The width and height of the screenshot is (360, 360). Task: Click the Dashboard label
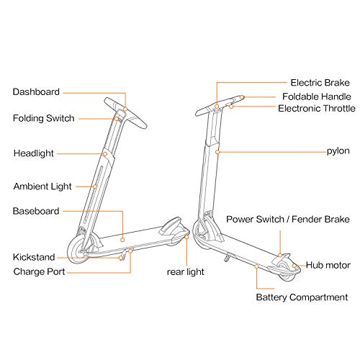click(36, 92)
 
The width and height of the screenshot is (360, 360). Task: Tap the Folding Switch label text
click(44, 118)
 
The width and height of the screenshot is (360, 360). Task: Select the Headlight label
click(34, 153)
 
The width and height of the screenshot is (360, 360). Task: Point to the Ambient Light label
click(42, 186)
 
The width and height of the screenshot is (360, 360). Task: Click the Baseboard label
click(36, 211)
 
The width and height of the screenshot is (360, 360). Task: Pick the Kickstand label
click(34, 257)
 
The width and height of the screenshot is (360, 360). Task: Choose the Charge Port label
click(39, 271)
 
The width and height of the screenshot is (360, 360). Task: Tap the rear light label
click(186, 272)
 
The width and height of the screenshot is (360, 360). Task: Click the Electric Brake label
click(320, 83)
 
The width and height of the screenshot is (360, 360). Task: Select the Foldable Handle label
click(317, 96)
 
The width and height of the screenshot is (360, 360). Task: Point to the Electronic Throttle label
click(317, 109)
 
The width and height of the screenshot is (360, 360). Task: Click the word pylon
click(338, 151)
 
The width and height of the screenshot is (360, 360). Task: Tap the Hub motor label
click(328, 265)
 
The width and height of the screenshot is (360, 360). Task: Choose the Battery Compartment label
click(302, 297)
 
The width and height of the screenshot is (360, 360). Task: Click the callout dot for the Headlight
click(105, 154)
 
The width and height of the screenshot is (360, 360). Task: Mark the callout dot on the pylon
click(217, 152)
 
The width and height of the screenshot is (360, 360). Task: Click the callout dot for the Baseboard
click(122, 240)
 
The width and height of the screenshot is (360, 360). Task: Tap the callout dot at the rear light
click(186, 237)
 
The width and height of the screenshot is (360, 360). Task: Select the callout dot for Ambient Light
click(95, 186)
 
